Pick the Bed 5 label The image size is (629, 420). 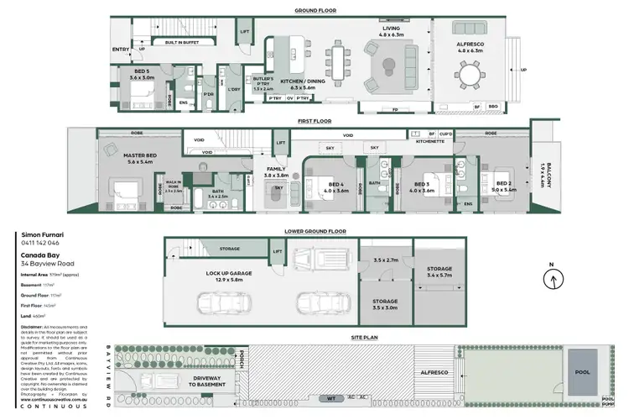[145, 73]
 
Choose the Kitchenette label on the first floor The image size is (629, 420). [429, 142]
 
